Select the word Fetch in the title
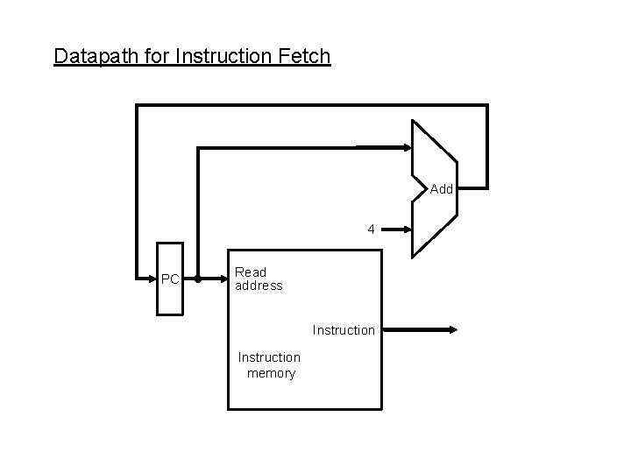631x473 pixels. pyautogui.click(x=303, y=57)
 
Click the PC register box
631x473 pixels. pyautogui.click(x=170, y=279)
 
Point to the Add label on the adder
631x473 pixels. pyautogui.click(x=442, y=189)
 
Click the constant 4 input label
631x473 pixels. pyautogui.click(x=372, y=229)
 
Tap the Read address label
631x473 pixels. pyautogui.click(x=259, y=279)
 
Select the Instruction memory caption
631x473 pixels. pyautogui.click(x=270, y=365)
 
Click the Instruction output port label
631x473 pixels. pyautogui.click(x=344, y=330)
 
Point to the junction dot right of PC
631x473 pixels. pyautogui.click(x=199, y=279)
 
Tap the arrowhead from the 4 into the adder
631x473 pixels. pyautogui.click(x=406, y=229)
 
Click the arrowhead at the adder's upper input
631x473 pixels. pyautogui.click(x=406, y=147)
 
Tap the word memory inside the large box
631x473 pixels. pyautogui.click(x=271, y=374)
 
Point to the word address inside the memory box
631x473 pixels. pyautogui.click(x=259, y=286)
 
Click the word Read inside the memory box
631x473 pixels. pyautogui.click(x=251, y=272)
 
